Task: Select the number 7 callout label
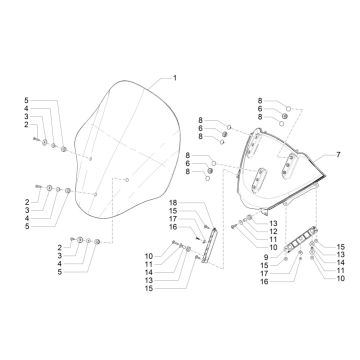337,156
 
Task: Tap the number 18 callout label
172,203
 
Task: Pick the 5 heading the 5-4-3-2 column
27,101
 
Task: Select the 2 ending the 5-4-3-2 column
27,128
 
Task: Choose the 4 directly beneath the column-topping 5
27,110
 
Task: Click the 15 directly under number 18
172,211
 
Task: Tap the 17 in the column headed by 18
172,219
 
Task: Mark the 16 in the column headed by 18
172,228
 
